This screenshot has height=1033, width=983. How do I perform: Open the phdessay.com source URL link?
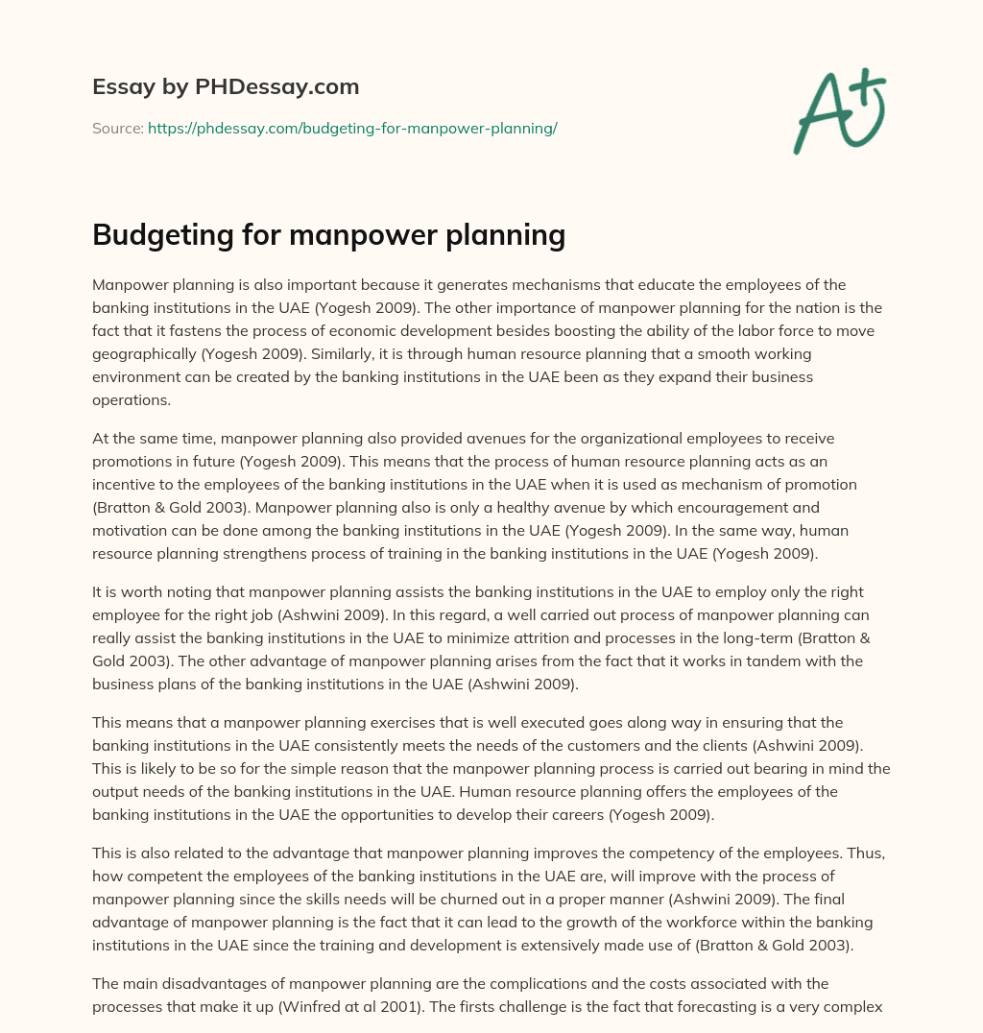(352, 128)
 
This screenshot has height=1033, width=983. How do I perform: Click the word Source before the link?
(117, 128)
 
